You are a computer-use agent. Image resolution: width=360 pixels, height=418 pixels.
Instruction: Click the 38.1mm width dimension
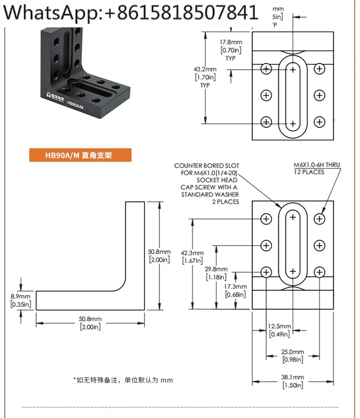click(292, 381)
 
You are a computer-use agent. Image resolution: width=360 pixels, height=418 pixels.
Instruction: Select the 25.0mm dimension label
click(292, 356)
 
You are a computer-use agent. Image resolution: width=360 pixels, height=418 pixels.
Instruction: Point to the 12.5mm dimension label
click(279, 330)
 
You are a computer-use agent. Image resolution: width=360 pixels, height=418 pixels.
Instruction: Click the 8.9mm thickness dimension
click(20, 300)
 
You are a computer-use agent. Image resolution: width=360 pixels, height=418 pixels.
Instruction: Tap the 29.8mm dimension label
click(216, 273)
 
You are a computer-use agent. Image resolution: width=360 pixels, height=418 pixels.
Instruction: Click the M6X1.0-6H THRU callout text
click(316, 168)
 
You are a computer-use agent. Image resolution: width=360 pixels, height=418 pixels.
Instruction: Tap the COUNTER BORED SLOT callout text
click(206, 184)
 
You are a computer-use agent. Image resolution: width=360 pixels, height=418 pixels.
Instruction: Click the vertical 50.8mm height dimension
click(159, 256)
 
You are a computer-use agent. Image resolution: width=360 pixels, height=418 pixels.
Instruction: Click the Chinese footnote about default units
click(123, 380)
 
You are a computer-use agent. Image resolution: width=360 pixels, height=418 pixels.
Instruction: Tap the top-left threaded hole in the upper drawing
click(266, 69)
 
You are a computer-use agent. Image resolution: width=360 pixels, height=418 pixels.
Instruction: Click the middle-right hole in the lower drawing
click(320, 245)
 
